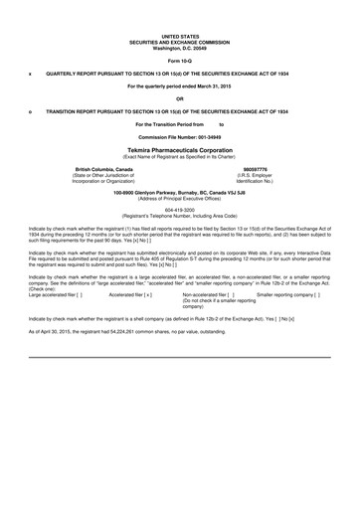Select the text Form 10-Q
179,61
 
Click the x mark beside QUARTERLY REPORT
30,73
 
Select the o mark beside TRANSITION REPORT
30,110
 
